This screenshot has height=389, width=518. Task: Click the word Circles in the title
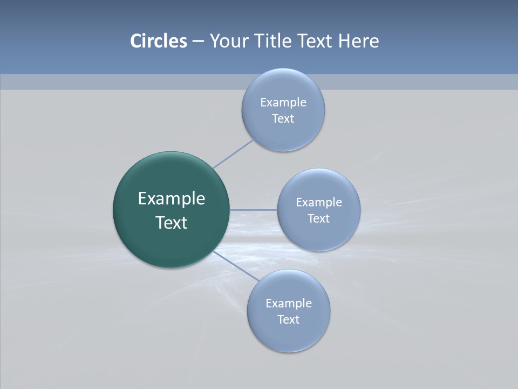pos(158,41)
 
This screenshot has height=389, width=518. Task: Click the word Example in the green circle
pos(172,199)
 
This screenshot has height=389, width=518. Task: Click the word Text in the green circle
pos(172,223)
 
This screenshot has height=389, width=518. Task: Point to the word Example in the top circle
pos(283,103)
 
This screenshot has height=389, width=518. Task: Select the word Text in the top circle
pos(283,119)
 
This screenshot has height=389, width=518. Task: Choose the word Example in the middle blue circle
pos(319,203)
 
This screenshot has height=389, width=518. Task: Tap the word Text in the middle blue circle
pos(319,219)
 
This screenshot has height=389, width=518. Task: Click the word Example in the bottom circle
pos(289,304)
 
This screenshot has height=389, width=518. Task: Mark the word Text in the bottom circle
pos(289,320)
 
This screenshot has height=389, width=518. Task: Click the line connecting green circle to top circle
pos(233,154)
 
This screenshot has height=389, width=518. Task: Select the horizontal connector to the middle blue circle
pos(254,209)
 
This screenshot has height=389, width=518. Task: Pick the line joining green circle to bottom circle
pos(236,266)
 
